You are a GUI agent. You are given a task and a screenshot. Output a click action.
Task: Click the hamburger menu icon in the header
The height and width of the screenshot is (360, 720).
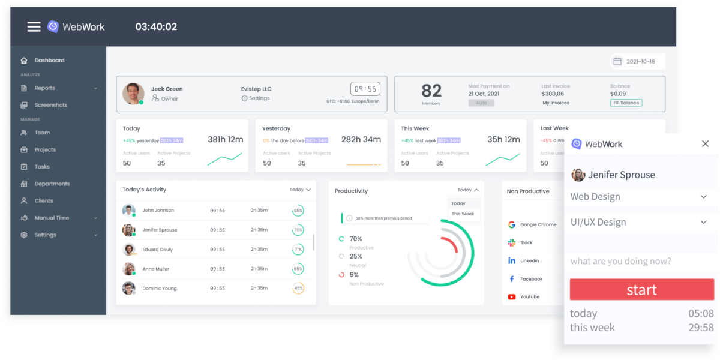(34, 26)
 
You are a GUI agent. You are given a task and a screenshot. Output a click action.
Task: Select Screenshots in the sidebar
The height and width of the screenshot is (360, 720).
(50, 105)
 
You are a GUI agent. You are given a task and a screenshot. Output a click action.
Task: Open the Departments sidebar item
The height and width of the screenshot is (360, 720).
(52, 184)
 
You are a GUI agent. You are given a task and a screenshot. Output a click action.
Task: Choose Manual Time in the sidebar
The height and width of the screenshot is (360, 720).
(52, 218)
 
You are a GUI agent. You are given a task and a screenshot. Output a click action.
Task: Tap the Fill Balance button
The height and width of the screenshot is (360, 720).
(626, 103)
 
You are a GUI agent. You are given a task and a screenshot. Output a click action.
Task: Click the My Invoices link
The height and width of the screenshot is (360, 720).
(556, 103)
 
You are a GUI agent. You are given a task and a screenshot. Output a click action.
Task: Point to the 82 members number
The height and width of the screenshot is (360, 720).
(431, 91)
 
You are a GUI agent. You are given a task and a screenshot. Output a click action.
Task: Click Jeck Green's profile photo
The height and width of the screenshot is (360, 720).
(133, 94)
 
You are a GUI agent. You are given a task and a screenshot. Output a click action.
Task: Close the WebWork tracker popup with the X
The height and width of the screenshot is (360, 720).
(705, 144)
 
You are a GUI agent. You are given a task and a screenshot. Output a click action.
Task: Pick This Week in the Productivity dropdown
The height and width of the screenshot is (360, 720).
(463, 214)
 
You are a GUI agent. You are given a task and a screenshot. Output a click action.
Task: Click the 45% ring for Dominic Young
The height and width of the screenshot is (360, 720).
(298, 288)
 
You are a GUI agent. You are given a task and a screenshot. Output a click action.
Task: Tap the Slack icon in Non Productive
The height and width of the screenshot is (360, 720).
(512, 243)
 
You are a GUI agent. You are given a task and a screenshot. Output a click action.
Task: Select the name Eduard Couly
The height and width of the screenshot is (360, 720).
(157, 250)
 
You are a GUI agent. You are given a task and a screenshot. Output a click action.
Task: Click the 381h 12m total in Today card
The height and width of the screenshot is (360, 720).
(225, 140)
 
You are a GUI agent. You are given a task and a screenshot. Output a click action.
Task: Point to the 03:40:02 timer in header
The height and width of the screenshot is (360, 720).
(156, 27)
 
